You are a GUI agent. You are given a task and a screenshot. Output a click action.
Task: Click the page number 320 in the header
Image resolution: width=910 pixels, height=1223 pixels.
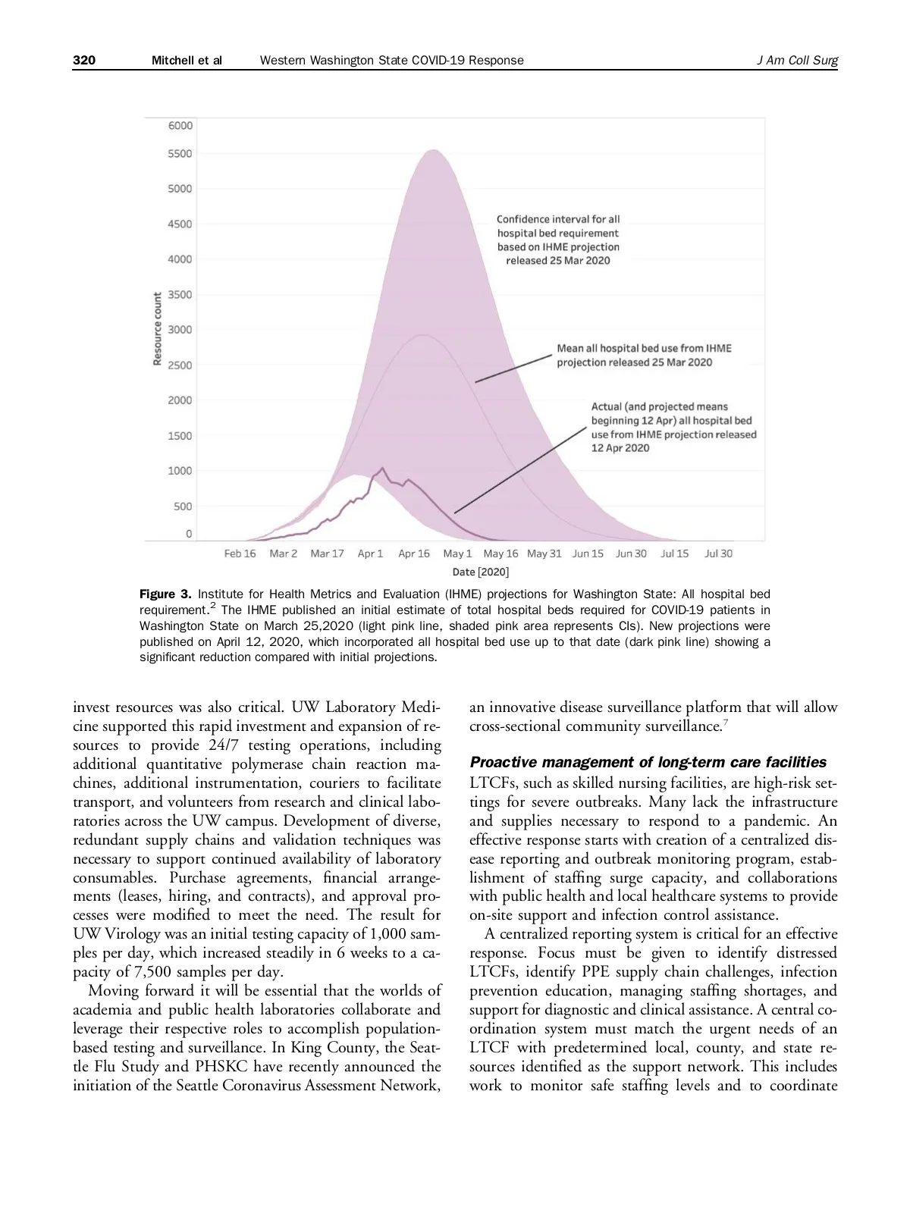click(84, 61)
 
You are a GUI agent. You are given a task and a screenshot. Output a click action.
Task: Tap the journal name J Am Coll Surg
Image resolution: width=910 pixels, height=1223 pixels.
click(797, 61)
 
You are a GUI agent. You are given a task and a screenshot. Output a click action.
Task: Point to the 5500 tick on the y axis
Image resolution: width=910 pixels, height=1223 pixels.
click(180, 154)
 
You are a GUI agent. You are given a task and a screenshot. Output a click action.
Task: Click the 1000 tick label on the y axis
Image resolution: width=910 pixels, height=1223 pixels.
click(180, 471)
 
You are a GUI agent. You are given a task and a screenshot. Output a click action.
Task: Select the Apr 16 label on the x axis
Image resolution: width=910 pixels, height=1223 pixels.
click(414, 554)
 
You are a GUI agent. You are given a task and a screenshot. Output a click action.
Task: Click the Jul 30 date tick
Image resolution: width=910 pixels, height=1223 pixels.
click(718, 554)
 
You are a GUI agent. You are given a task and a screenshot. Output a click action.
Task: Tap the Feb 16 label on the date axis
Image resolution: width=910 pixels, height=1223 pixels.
click(240, 554)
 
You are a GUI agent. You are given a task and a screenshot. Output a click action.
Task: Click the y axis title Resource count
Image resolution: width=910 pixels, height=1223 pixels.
click(158, 329)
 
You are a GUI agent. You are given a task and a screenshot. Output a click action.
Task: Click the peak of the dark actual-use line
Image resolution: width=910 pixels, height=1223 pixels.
click(381, 468)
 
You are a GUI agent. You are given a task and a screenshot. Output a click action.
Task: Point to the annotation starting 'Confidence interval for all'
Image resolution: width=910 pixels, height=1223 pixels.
click(558, 240)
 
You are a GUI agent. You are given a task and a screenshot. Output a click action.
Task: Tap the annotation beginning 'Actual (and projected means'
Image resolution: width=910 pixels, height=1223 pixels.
click(673, 428)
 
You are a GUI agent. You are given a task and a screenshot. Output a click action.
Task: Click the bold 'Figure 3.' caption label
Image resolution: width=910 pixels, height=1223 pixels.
click(165, 594)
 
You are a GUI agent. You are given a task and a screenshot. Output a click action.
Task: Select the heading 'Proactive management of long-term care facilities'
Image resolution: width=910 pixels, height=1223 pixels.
click(648, 762)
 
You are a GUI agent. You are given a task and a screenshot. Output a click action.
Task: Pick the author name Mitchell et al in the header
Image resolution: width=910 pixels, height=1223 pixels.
click(187, 61)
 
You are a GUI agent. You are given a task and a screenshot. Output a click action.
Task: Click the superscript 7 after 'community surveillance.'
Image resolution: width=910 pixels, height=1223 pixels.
click(725, 723)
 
